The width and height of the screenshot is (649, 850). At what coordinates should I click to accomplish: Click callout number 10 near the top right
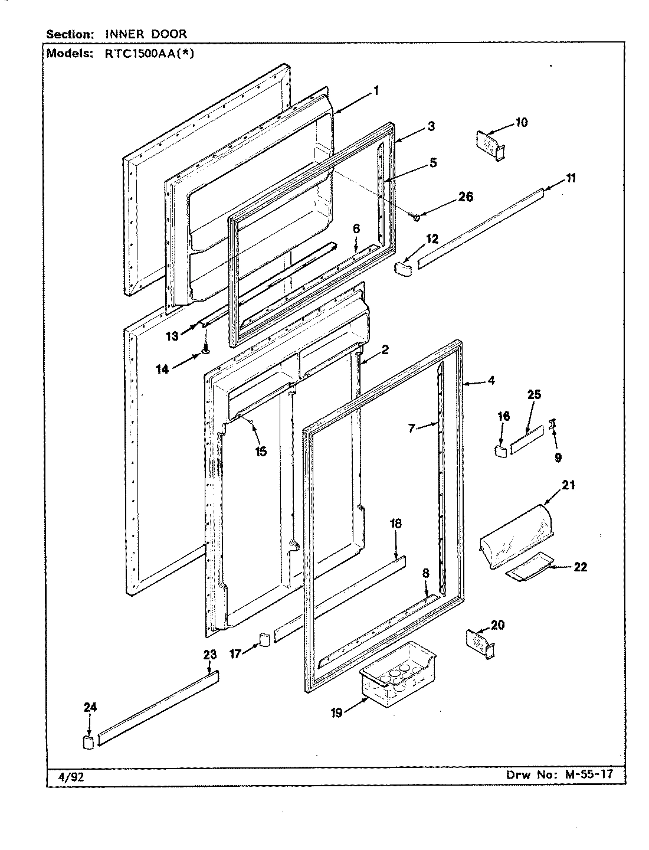click(x=522, y=123)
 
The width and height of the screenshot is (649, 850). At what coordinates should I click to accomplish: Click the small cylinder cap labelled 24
click(x=88, y=741)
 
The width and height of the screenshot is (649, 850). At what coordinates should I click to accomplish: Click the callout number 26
click(x=466, y=197)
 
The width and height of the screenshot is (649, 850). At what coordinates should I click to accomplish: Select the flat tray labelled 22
click(x=528, y=568)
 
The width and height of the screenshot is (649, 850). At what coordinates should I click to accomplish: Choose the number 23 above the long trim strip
click(x=210, y=654)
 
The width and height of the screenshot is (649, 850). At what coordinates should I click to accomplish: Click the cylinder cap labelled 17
click(x=264, y=640)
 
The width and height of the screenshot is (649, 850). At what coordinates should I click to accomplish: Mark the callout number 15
click(x=260, y=452)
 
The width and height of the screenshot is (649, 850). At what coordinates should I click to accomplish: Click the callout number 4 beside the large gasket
click(x=491, y=381)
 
